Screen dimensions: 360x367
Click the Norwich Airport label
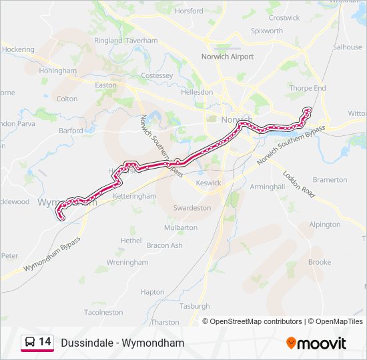tap(228, 57)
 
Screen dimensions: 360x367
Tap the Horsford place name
tap(188, 11)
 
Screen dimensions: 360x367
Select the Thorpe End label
tap(308, 88)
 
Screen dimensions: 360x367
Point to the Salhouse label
tap(347, 47)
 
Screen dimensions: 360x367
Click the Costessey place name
tap(157, 76)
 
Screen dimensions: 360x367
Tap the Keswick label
tap(208, 183)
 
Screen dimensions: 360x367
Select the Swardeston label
tap(192, 208)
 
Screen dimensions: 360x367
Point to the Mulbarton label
tap(181, 227)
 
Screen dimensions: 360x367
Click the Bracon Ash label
tap(164, 245)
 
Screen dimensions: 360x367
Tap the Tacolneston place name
tap(103, 312)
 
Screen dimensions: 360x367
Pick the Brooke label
tap(320, 262)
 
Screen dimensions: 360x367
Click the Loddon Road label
tap(298, 182)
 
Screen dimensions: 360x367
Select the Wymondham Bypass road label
tap(52, 253)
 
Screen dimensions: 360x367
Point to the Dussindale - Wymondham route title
tap(122, 343)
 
